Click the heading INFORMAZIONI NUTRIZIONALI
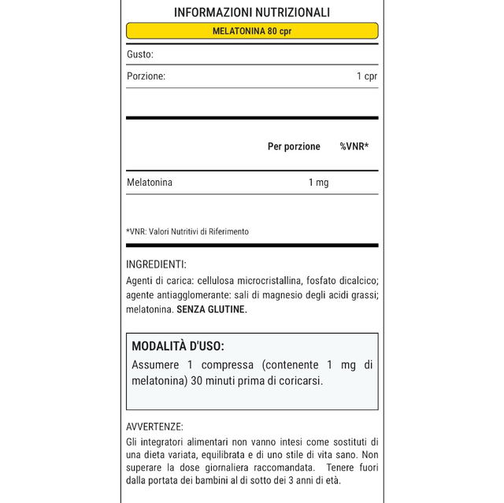click(252, 13)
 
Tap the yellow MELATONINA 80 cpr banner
click(252, 31)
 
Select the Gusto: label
click(140, 54)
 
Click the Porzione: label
click(146, 76)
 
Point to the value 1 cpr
click(367, 76)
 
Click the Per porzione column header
click(294, 146)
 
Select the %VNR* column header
click(354, 146)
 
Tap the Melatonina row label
click(150, 183)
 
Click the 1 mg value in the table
click(318, 183)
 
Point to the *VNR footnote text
click(187, 231)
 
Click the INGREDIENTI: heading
click(156, 264)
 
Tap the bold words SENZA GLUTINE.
click(212, 309)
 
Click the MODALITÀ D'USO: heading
click(178, 346)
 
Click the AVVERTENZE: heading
click(154, 427)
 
